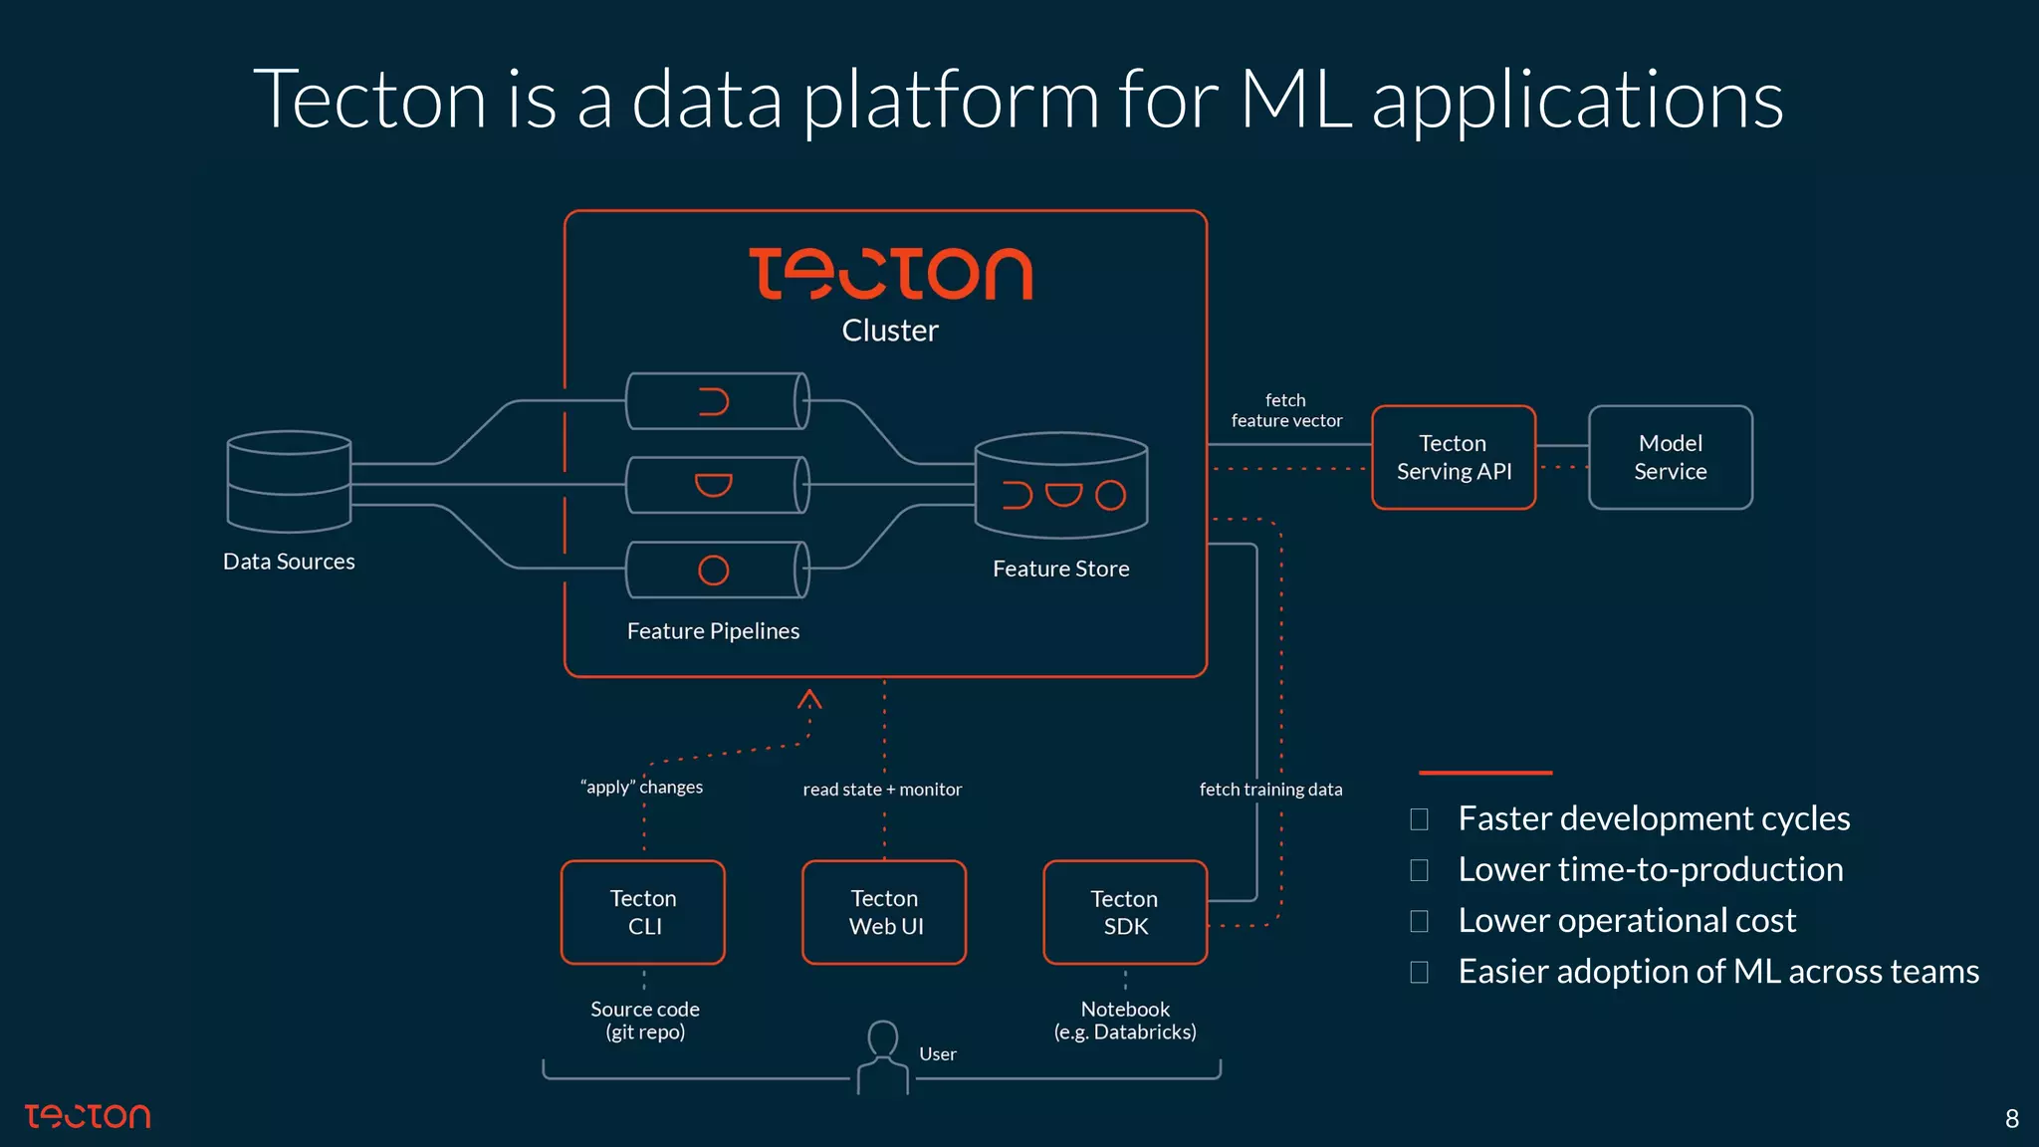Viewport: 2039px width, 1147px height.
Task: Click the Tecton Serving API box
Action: point(1454,458)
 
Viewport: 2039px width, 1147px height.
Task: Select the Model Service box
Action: point(1670,458)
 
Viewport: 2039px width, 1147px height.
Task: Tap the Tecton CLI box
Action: point(643,912)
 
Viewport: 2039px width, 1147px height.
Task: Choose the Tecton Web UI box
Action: point(884,912)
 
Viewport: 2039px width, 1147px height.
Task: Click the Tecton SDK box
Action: point(1125,912)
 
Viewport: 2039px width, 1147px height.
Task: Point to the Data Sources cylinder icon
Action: point(289,482)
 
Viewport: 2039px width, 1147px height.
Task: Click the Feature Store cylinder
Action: point(1061,486)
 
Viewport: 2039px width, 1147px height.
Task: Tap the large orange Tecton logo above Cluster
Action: point(890,274)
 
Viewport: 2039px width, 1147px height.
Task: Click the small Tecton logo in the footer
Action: point(88,1116)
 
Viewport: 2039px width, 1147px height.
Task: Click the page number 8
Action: point(2011,1119)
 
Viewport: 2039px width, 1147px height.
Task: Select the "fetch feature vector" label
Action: point(1286,410)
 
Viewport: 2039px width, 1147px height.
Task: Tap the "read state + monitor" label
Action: point(882,790)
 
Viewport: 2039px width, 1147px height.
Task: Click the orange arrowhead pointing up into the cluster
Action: point(809,699)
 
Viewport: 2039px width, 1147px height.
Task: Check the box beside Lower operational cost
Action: point(1420,921)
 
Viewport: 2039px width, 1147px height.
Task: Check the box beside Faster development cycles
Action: point(1420,819)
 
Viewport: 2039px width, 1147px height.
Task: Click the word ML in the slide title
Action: point(1294,100)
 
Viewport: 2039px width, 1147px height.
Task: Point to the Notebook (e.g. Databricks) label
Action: point(1125,1021)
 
